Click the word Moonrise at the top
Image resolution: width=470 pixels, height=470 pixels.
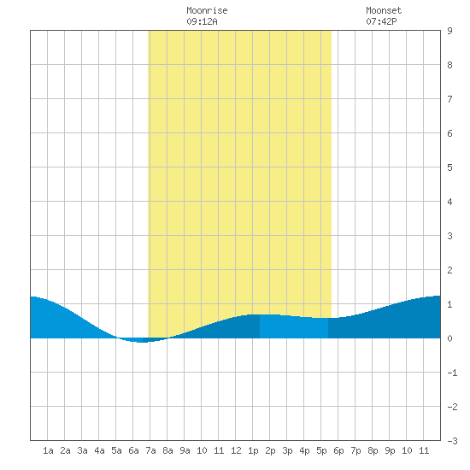(x=207, y=10)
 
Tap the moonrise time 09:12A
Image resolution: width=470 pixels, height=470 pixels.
(x=202, y=21)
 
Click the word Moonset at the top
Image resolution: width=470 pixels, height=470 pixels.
(x=384, y=10)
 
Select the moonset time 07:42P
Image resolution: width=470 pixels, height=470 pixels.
(x=381, y=21)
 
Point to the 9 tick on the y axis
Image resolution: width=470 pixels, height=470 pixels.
(x=449, y=31)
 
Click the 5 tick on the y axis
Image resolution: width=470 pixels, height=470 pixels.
(x=449, y=167)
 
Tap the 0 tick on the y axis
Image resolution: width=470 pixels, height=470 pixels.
(x=449, y=338)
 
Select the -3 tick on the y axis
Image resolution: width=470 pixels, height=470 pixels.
(x=452, y=441)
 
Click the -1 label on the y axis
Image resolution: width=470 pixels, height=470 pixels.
(x=452, y=373)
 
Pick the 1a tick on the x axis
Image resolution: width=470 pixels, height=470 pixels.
(x=48, y=450)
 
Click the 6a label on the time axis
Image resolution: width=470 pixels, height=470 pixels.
(x=133, y=450)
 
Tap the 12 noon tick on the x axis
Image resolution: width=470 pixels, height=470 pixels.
(x=236, y=450)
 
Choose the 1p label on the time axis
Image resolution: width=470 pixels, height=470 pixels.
(x=253, y=450)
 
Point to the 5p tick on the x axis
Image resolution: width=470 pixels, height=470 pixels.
(x=321, y=450)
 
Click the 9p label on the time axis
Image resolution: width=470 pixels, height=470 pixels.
(x=390, y=450)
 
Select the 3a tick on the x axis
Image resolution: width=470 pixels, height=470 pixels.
(x=82, y=450)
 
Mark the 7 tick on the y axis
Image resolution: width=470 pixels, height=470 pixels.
(x=449, y=99)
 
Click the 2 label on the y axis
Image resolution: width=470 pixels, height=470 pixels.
(x=449, y=270)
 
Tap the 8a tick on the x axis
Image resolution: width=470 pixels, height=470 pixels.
(x=167, y=450)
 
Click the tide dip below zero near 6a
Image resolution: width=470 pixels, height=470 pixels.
(x=142, y=340)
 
